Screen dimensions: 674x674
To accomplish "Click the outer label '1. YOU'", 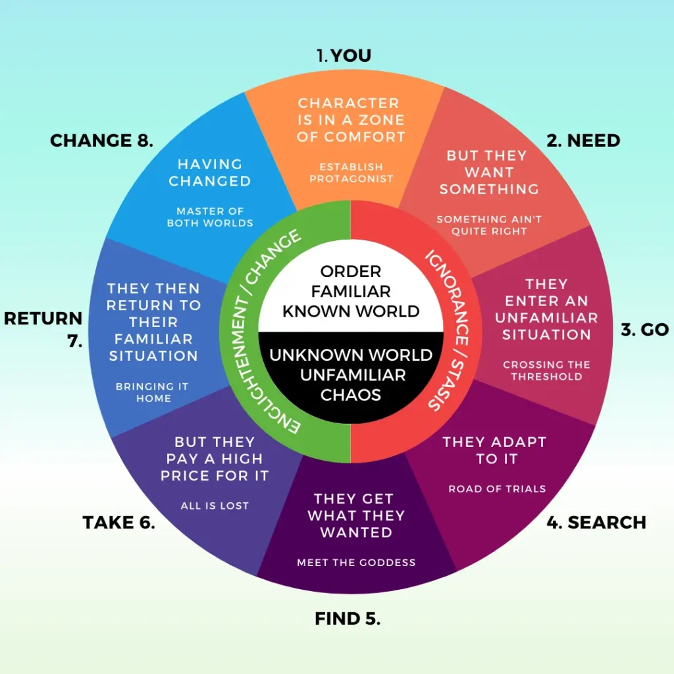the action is tap(344, 55).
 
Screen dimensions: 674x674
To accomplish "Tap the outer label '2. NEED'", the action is tap(583, 141).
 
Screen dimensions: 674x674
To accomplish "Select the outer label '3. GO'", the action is tap(645, 330).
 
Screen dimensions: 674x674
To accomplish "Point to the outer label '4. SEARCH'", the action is tap(596, 522).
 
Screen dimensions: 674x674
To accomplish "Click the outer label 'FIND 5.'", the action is tap(348, 619).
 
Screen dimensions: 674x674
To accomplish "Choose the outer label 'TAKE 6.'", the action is tap(118, 522).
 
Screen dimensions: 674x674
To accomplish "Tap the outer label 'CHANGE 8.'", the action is tap(101, 141).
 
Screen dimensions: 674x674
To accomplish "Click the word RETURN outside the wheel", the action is tap(43, 319).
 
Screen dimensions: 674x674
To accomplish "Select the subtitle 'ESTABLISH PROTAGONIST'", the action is tap(351, 173).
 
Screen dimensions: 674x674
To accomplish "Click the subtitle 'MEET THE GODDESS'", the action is tap(356, 562).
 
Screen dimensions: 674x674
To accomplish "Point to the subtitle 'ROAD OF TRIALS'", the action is tap(497, 489).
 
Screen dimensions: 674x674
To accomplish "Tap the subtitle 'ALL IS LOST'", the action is tap(215, 505).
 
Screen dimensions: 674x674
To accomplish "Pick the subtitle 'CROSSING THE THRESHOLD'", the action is tap(546, 371).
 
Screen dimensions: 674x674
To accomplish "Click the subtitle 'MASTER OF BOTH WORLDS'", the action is tap(210, 217).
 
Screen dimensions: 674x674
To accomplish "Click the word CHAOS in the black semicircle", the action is tap(351, 395).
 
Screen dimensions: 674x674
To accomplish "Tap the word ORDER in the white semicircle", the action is tap(351, 272).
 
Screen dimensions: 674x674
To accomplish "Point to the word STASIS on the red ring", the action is tap(452, 384).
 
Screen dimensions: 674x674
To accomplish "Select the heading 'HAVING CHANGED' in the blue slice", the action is tap(210, 172).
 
